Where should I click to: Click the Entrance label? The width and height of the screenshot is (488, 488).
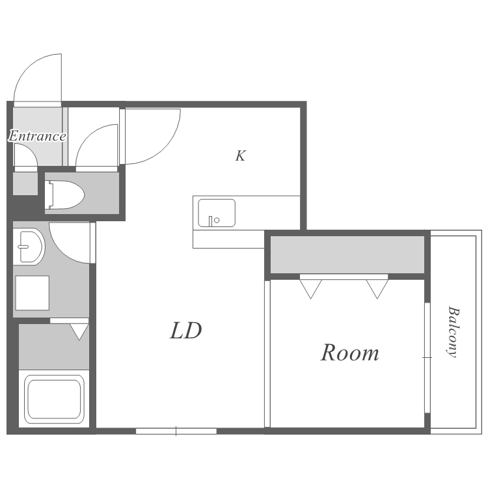[x=37, y=136]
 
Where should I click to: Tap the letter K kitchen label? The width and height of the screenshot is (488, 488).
[x=240, y=156]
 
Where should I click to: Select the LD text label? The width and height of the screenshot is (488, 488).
[x=186, y=330]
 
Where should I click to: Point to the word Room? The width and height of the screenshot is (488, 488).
[x=350, y=353]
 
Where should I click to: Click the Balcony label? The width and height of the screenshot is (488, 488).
[x=454, y=332]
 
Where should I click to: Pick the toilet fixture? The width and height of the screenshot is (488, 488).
[x=64, y=195]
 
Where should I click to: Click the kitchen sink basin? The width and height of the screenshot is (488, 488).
[x=217, y=213]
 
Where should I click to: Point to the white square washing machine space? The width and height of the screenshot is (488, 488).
[x=33, y=293]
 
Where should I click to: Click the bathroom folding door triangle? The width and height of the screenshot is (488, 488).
[x=79, y=332]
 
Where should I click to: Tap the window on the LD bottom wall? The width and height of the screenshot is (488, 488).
[x=176, y=431]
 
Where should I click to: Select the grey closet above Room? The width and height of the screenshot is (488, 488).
[x=347, y=254]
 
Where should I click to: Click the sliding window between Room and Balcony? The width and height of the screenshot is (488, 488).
[x=427, y=358]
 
